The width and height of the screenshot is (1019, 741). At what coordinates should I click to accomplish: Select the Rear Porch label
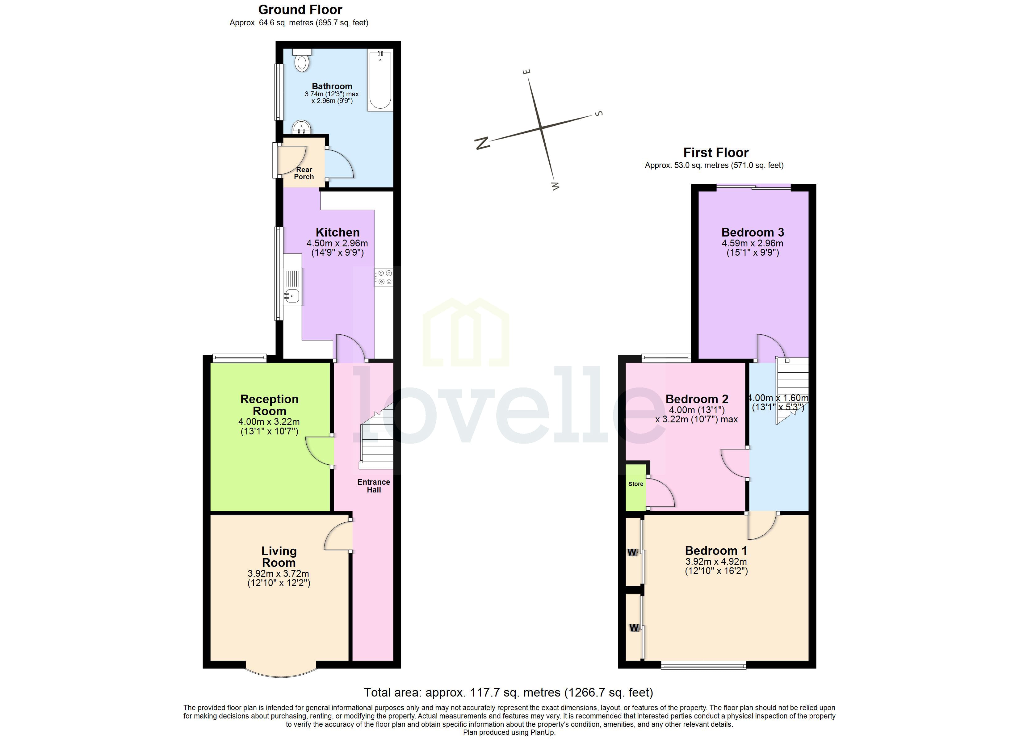click(304, 173)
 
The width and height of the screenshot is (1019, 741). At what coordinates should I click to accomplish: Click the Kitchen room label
click(338, 232)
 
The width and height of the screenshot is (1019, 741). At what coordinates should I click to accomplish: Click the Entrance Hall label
click(373, 486)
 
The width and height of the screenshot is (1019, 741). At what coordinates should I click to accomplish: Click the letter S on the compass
click(598, 113)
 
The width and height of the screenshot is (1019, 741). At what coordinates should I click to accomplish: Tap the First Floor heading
click(716, 153)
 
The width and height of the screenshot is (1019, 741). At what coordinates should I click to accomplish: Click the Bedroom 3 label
click(753, 232)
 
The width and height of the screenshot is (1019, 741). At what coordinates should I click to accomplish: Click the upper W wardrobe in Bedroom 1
click(633, 552)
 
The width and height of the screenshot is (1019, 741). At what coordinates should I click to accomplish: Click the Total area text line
click(508, 693)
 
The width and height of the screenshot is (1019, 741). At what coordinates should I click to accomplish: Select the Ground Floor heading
click(300, 10)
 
